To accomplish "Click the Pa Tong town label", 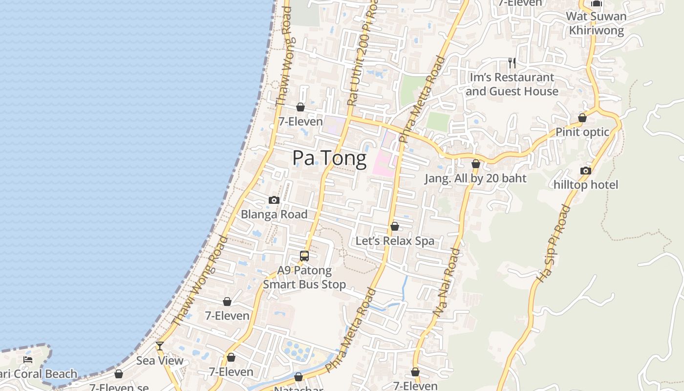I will [329, 158].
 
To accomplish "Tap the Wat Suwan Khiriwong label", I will [596, 23].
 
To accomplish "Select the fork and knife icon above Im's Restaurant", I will [512, 63].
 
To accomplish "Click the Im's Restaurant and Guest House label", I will [512, 84].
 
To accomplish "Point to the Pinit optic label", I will [582, 132].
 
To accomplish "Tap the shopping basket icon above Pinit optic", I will [582, 118].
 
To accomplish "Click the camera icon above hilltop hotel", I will [585, 171].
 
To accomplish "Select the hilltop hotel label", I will [585, 185].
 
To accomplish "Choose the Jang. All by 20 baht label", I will [475, 178].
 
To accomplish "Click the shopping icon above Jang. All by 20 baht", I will [475, 164].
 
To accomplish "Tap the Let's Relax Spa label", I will [395, 241].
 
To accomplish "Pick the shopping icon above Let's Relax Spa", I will [395, 226].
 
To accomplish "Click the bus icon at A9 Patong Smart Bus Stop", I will [304, 256].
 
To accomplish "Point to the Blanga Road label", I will [274, 214].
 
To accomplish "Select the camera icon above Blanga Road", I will [274, 200].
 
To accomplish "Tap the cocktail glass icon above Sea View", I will [159, 346].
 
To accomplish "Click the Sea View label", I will [160, 361].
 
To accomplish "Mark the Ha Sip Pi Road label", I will [553, 243].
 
